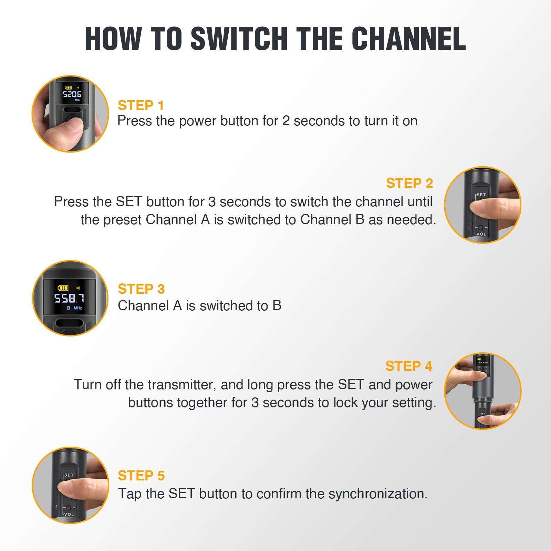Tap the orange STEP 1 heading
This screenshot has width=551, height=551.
tap(141, 105)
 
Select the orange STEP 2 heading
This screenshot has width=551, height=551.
tap(409, 183)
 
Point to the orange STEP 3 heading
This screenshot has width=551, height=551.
tap(141, 289)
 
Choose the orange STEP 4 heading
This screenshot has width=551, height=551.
tap(409, 366)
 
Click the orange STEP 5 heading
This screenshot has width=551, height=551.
tap(141, 476)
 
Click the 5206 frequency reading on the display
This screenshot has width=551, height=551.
tap(72, 94)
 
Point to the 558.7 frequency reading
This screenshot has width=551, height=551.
tap(69, 298)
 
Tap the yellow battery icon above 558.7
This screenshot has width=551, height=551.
tap(63, 288)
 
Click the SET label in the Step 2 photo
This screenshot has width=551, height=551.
tap(481, 195)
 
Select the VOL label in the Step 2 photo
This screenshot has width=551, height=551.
tap(481, 234)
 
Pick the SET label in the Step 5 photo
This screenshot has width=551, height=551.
tap(69, 475)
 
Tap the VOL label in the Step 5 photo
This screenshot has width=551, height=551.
tap(69, 514)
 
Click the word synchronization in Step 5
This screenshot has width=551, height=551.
tap(378, 494)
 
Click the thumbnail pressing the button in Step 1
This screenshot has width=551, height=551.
tap(70, 114)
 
